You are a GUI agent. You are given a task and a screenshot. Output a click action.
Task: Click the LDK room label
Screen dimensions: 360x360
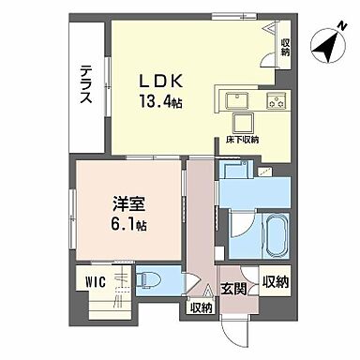click(x=161, y=82)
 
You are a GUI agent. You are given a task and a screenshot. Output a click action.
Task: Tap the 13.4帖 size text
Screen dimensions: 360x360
click(x=161, y=101)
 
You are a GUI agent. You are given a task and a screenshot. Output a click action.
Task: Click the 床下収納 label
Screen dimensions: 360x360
click(x=242, y=140)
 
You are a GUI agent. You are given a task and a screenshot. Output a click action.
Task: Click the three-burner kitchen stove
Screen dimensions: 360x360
click(x=277, y=100)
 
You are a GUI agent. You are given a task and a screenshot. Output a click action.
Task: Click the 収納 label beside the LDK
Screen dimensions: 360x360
click(x=285, y=46)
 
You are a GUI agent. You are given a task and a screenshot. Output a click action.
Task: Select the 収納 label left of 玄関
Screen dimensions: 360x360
click(x=201, y=306)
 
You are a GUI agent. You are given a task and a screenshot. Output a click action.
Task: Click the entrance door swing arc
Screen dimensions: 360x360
click(x=232, y=323)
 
